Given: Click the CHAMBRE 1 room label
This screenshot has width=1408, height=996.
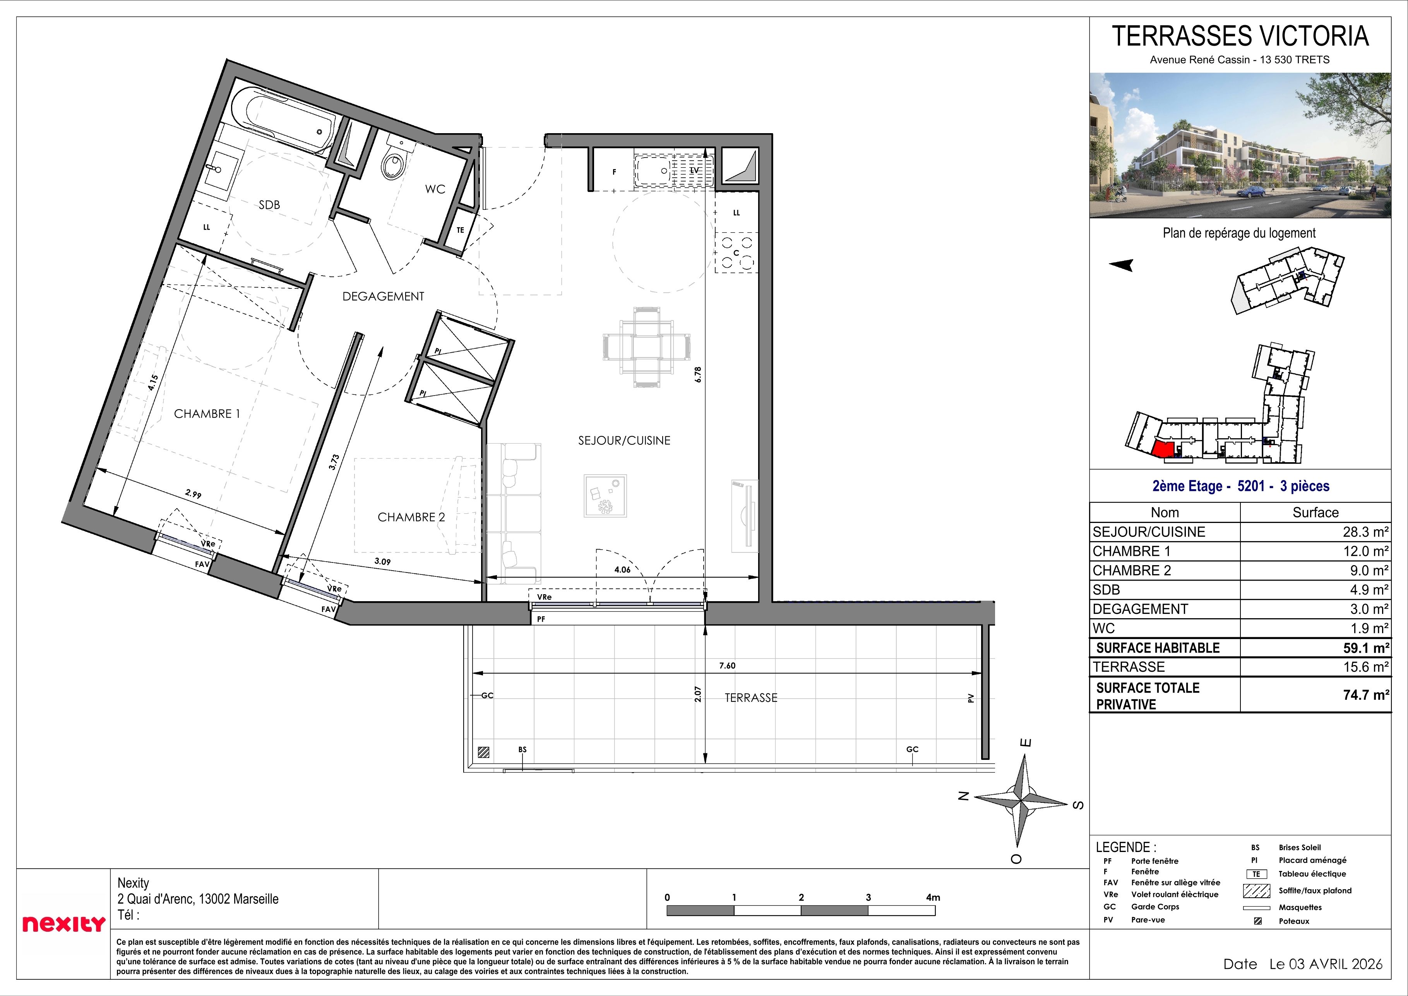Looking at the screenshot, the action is [207, 414].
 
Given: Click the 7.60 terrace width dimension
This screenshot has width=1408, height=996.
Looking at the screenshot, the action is [727, 665].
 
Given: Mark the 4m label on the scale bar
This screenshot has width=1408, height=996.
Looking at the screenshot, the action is [933, 897].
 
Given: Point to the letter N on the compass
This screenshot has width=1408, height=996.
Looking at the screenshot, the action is [963, 797].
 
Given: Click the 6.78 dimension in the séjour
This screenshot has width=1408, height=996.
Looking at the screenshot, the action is [698, 375].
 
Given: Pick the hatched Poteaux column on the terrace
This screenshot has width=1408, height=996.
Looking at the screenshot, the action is [484, 751].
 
